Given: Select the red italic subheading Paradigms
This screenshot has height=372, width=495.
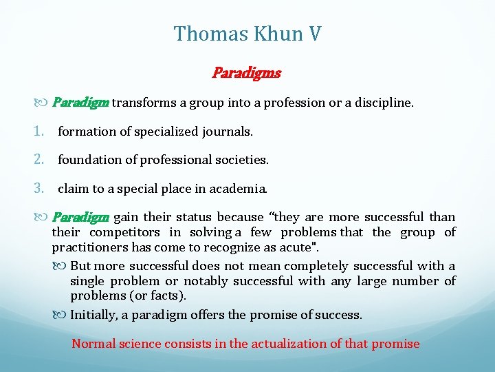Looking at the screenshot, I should [x=246, y=72].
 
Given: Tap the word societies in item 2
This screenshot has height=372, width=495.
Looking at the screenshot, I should [x=242, y=160].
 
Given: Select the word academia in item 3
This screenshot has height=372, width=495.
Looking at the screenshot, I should [x=240, y=188].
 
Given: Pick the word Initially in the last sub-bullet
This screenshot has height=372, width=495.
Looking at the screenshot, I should [x=95, y=315].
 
